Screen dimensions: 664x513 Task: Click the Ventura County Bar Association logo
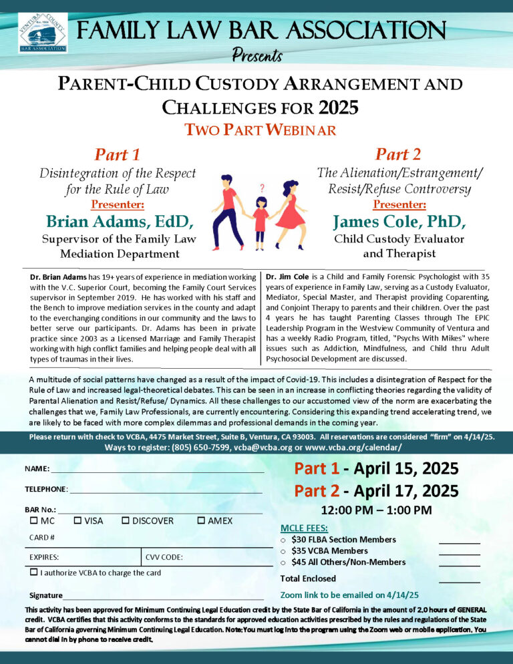point(42,32)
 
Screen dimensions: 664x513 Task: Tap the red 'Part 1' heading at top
point(117,155)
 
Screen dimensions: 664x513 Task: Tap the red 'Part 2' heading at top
point(398,154)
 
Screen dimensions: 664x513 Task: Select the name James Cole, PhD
point(399,221)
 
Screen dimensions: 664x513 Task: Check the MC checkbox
point(33,520)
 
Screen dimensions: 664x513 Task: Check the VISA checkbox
point(77,520)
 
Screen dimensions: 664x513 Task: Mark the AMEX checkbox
point(201,520)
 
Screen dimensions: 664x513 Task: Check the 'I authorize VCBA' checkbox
point(33,572)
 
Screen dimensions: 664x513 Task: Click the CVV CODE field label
point(164,556)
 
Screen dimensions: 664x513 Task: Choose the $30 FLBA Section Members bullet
point(284,540)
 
